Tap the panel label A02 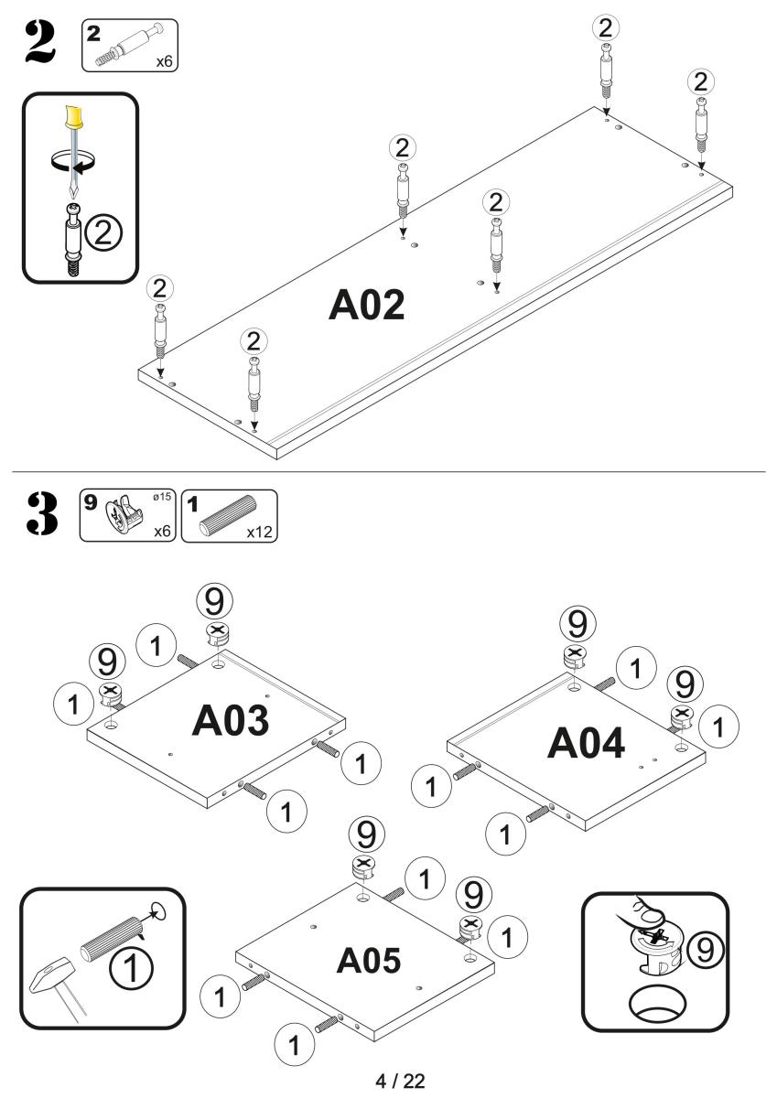366,307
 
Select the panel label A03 231,721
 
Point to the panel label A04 586,744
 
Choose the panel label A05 368,960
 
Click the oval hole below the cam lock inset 656,1006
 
